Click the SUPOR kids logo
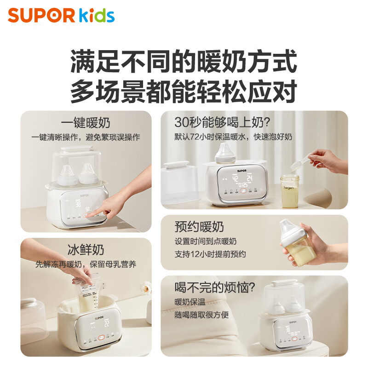61,15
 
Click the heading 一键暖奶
86,123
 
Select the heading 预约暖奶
199,227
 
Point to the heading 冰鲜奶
86,250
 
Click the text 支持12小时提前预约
210,254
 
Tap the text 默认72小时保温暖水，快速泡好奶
233,137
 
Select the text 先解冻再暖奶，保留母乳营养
86,264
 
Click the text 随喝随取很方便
201,315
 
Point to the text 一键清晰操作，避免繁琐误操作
86,137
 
